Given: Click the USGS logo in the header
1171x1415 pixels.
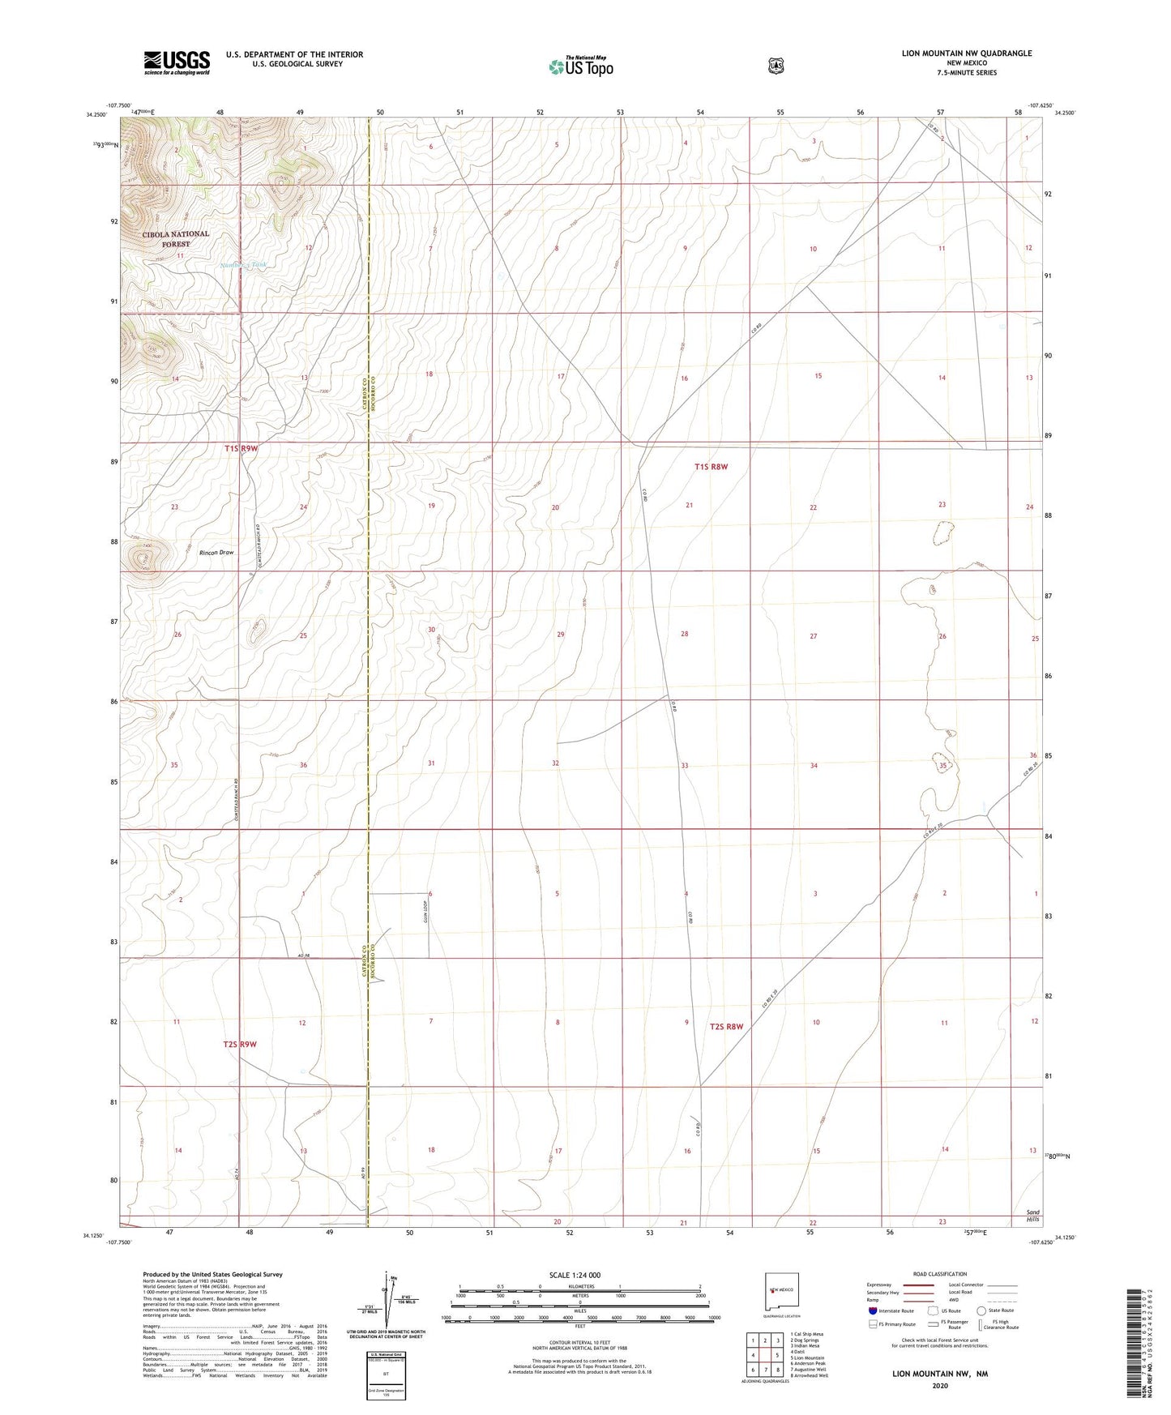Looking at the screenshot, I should [x=177, y=62].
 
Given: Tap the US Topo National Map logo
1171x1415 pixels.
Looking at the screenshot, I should [x=580, y=66].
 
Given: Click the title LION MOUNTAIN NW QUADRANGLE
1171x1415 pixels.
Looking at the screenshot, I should [x=966, y=53].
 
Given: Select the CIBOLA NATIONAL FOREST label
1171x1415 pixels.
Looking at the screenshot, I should [x=176, y=238].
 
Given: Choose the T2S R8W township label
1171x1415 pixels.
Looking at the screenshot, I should [x=726, y=1027].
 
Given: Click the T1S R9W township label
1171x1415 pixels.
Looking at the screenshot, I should [x=241, y=448].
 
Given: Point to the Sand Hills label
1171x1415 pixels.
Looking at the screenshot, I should [x=1032, y=1216].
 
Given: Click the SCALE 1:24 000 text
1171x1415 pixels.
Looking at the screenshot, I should [x=575, y=1275].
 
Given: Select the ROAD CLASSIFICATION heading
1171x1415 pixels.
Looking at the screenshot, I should [x=939, y=1274].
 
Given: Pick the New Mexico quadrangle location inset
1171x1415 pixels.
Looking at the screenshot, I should [x=782, y=1289].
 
